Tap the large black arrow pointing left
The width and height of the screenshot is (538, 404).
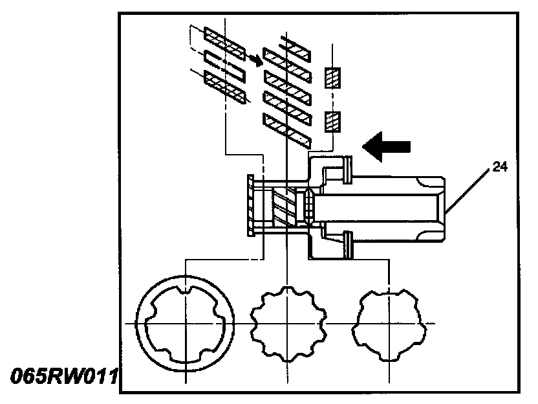[x=387, y=147]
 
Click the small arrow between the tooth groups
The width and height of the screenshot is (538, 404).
[x=257, y=60]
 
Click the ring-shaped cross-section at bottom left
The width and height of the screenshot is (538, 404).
[x=186, y=322]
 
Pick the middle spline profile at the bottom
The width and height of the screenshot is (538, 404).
[x=286, y=322]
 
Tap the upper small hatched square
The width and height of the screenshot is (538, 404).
[x=332, y=78]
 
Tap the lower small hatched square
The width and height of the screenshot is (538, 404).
[x=332, y=121]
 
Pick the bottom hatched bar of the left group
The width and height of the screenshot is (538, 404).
[x=224, y=87]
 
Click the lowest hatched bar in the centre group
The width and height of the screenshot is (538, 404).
[x=285, y=128]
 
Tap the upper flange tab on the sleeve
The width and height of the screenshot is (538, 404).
[x=348, y=168]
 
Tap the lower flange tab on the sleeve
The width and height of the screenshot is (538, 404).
[x=348, y=244]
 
